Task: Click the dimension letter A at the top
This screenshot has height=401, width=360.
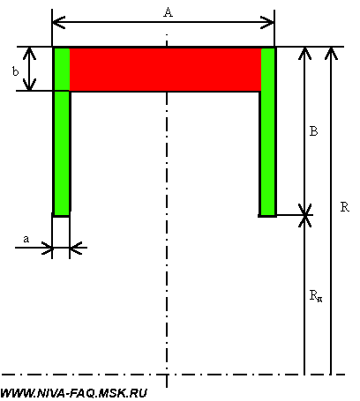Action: click(169, 12)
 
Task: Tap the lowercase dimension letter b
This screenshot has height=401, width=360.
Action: click(15, 71)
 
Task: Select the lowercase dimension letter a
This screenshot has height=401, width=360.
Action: click(26, 239)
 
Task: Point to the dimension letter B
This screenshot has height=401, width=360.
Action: click(314, 131)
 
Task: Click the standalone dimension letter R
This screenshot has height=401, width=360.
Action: click(345, 207)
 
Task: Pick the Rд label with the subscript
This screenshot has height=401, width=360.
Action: click(316, 295)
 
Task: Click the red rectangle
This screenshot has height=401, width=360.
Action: click(165, 70)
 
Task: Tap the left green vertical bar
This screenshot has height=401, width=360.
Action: click(61, 131)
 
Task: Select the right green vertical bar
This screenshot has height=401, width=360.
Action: click(268, 131)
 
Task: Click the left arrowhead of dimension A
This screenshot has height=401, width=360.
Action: click(58, 22)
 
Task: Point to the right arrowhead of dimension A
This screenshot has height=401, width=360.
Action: click(267, 22)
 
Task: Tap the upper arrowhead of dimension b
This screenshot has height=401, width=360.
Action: click(29, 54)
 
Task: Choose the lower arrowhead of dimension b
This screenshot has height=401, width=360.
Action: click(29, 85)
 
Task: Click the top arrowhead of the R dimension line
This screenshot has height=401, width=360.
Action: click(331, 54)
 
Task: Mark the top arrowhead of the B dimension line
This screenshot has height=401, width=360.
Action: click(304, 54)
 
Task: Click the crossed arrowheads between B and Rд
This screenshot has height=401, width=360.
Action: click(304, 215)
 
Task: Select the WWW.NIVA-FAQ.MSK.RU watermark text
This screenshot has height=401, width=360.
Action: click(73, 393)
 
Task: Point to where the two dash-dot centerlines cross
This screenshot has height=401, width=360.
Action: click(167, 375)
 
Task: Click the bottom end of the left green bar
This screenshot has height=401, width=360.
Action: click(61, 216)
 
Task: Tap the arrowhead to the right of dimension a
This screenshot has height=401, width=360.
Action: click(76, 248)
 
